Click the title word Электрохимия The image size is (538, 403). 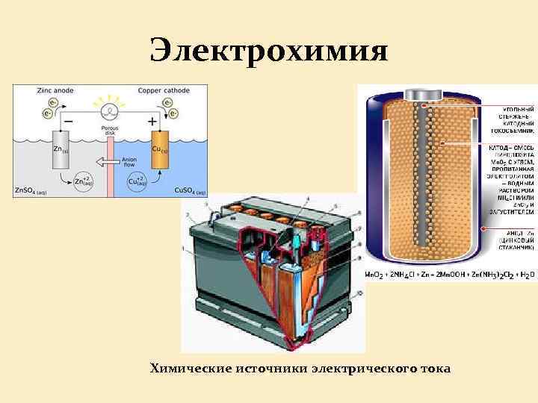pos(269,51)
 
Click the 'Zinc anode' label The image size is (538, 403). pos(53,90)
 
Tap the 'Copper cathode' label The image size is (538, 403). pos(164,90)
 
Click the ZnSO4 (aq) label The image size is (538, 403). pos(31,192)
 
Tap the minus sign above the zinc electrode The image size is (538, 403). pos(69,120)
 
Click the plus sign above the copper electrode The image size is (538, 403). pos(152,120)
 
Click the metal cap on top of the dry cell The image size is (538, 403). pos(424,95)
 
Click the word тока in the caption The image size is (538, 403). pos(432,369)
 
